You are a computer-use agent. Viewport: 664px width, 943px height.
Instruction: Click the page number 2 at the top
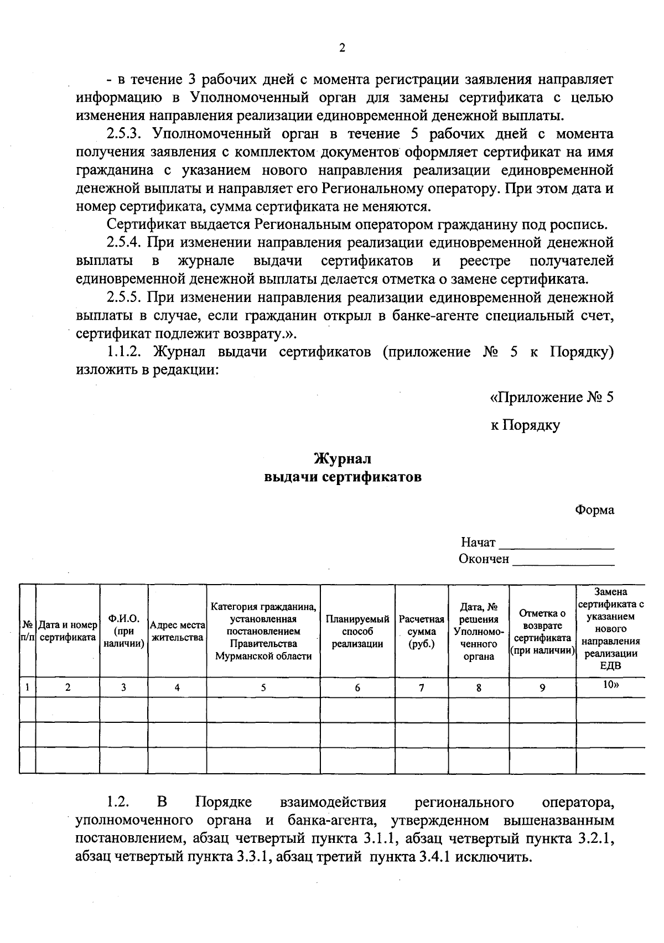coord(341,48)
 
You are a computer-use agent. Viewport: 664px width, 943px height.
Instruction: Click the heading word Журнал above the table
coord(343,459)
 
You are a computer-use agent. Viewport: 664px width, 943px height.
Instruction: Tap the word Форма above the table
coord(594,510)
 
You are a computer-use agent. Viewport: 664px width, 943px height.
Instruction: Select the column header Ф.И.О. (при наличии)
coord(123,631)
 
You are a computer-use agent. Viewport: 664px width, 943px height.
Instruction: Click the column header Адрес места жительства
coord(177,631)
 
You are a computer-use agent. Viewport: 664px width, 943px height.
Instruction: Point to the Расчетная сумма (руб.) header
coord(421,631)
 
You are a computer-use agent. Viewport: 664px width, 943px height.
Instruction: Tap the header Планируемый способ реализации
coord(357,631)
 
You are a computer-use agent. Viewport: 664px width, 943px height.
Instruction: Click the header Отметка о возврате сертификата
coord(542,631)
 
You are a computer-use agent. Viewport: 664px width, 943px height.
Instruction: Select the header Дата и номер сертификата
coord(68,631)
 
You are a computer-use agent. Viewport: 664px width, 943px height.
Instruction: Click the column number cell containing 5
coord(263,687)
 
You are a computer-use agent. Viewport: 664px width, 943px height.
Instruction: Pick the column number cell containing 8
coord(478,687)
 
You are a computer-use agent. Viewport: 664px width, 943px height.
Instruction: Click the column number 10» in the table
coord(610,685)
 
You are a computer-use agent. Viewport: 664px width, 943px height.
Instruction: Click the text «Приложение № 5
coord(552,398)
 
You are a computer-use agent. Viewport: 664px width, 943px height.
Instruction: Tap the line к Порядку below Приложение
coord(525,425)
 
